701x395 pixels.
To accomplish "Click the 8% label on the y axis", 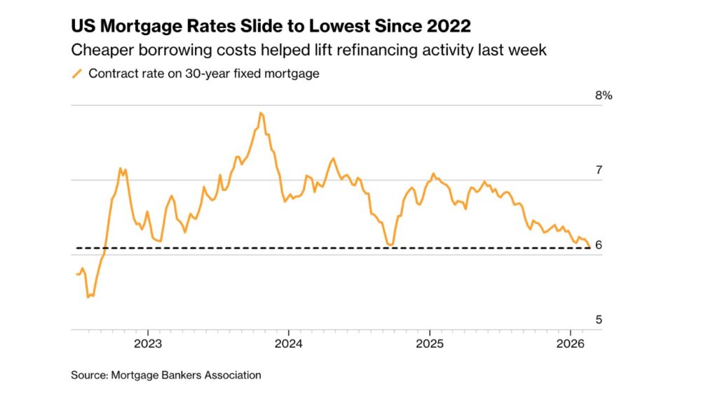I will [x=604, y=95].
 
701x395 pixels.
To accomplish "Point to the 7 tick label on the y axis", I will [x=599, y=170].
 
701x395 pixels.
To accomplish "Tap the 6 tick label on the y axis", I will [x=599, y=245].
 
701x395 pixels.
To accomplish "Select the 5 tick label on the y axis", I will [x=599, y=319].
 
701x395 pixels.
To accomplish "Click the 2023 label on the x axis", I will [x=148, y=344].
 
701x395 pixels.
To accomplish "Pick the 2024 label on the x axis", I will [x=289, y=344].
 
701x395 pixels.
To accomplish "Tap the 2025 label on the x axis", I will [x=429, y=344].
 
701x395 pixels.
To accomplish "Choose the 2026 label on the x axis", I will [x=570, y=344].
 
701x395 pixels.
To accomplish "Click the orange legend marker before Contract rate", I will [x=77, y=73].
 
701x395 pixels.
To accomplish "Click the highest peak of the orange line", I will [x=261, y=112].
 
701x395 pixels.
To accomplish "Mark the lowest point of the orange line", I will [x=88, y=297].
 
